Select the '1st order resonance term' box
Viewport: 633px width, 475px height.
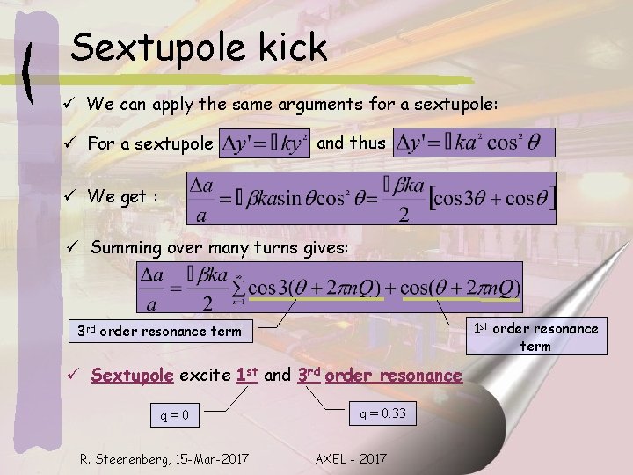[535, 337]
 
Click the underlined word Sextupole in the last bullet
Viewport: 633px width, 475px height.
[132, 376]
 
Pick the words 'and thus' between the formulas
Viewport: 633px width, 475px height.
[350, 142]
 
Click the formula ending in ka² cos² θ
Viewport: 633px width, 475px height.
[474, 142]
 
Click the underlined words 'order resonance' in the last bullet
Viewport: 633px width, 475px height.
[393, 376]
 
